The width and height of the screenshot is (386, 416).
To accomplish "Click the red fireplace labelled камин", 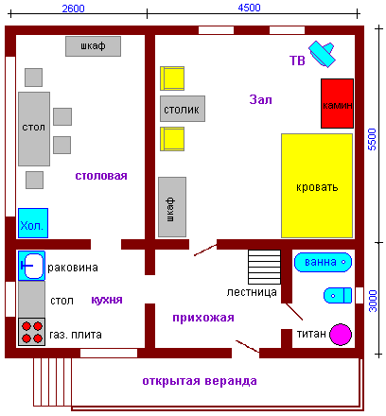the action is tap(337, 103).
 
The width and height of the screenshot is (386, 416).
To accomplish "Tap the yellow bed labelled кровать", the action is tap(317, 185).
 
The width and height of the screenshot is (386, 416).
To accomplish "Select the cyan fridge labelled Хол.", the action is tap(33, 223).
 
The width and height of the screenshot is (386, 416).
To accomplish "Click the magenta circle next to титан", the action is tap(341, 334).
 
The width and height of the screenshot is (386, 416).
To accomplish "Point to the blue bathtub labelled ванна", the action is tap(323, 262).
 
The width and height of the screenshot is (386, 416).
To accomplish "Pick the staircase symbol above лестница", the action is tap(264, 267).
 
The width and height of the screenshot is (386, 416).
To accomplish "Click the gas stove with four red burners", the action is tap(31, 332).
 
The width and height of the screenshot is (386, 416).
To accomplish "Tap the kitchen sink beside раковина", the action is tap(31, 266).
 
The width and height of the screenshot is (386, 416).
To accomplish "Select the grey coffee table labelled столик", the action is tap(183, 109).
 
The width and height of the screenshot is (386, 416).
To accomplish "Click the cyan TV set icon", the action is tap(322, 54).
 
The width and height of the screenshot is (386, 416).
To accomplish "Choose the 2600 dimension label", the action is tap(73, 9).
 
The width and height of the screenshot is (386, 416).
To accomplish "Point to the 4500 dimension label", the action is tap(249, 8).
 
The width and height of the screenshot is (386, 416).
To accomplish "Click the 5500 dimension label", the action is tap(372, 139).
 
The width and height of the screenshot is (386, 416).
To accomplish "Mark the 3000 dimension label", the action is tap(373, 302).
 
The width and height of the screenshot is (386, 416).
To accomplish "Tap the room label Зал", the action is tap(260, 99).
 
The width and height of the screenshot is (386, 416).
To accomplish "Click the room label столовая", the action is tap(101, 176).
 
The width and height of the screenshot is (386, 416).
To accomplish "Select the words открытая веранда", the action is tap(200, 381).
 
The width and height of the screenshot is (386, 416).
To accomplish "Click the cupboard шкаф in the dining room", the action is tap(93, 46).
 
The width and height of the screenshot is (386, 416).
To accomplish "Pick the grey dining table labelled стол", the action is tap(34, 129).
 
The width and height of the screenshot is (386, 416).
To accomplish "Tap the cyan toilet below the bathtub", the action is tap(338, 295).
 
